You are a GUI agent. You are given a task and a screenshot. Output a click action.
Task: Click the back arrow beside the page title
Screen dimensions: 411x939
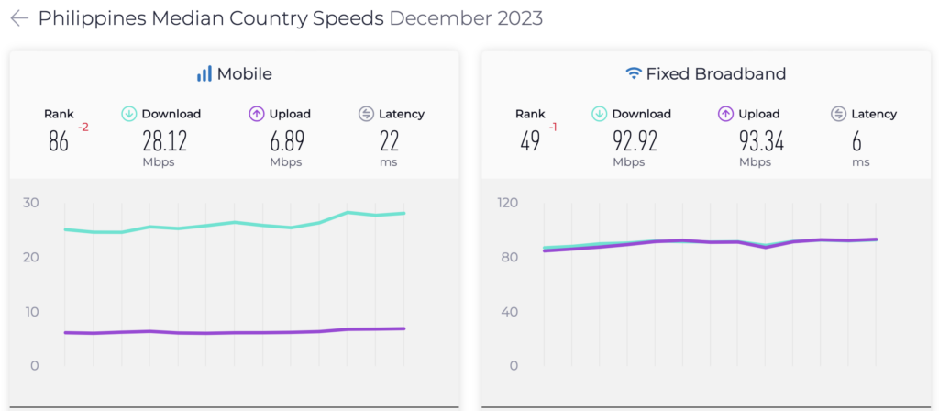pyautogui.click(x=19, y=18)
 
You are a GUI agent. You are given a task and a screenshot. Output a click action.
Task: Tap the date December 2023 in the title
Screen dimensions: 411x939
pyautogui.click(x=466, y=18)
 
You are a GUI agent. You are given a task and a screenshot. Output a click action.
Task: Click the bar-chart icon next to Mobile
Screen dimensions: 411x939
pyautogui.click(x=204, y=73)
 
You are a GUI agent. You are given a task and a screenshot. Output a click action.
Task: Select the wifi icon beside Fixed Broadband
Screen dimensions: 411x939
pyautogui.click(x=633, y=73)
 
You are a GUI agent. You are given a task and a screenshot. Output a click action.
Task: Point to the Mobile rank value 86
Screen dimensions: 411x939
pyautogui.click(x=59, y=141)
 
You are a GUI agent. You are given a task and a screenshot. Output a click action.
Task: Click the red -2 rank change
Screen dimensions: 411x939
pyautogui.click(x=83, y=127)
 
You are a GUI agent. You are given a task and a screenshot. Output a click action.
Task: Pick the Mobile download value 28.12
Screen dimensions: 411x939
pyautogui.click(x=159, y=141)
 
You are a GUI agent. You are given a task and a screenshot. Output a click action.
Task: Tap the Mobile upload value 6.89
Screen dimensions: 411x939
pyautogui.click(x=286, y=141)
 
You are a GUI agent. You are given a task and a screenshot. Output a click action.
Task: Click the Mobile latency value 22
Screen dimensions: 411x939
pyautogui.click(x=390, y=141)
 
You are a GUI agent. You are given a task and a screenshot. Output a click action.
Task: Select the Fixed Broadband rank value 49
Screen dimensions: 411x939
pyautogui.click(x=530, y=141)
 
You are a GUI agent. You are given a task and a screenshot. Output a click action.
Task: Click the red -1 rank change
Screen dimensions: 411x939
pyautogui.click(x=553, y=127)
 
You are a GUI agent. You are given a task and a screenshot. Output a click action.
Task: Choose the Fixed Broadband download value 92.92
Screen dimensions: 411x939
pyautogui.click(x=629, y=141)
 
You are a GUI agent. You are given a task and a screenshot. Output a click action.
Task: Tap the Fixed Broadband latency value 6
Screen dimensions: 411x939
pyautogui.click(x=860, y=141)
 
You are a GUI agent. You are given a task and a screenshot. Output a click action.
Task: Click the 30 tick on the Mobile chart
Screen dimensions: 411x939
pyautogui.click(x=30, y=203)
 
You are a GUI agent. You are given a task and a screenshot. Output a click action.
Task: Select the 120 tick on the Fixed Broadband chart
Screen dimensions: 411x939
pyautogui.click(x=508, y=203)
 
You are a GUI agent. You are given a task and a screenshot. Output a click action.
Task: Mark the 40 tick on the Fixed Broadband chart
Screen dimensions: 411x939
pyautogui.click(x=508, y=312)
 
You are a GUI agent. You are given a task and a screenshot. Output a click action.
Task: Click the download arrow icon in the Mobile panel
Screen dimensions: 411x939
pyautogui.click(x=129, y=114)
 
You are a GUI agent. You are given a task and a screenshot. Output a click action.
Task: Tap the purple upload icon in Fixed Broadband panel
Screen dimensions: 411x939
pyautogui.click(x=725, y=114)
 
